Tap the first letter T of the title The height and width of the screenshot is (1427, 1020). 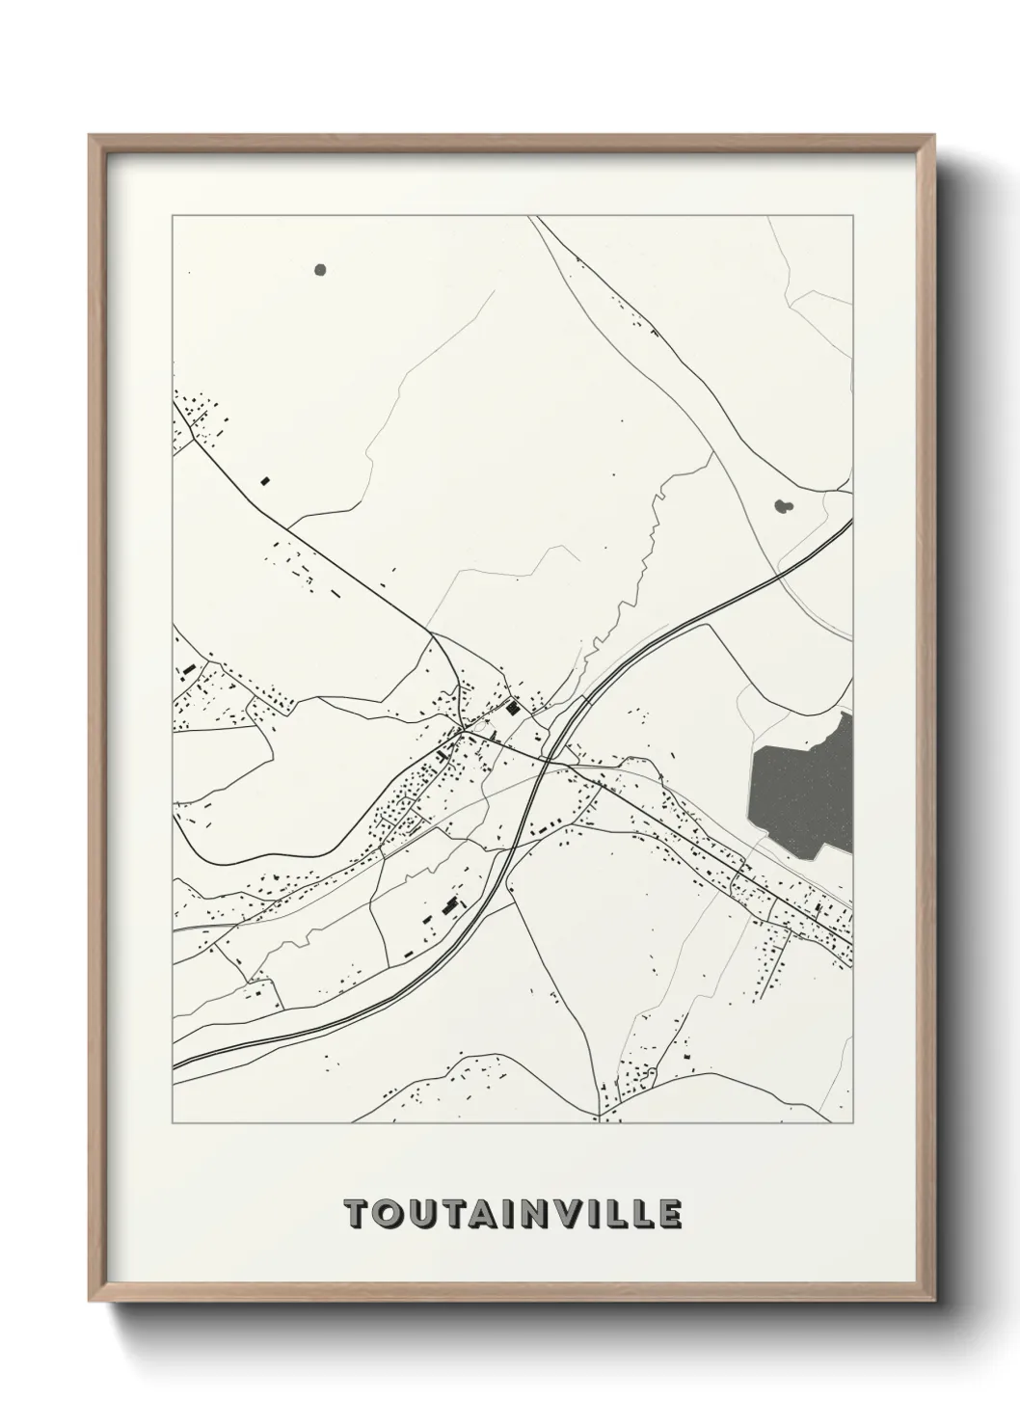click(356, 1214)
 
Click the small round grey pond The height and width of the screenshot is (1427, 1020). click(320, 270)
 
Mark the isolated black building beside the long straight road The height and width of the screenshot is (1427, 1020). click(265, 479)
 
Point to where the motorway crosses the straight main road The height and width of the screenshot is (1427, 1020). click(548, 759)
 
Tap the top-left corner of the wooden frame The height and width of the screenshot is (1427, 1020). click(90, 136)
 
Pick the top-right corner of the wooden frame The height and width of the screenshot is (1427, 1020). click(931, 136)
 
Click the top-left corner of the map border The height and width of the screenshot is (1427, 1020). click(173, 215)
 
